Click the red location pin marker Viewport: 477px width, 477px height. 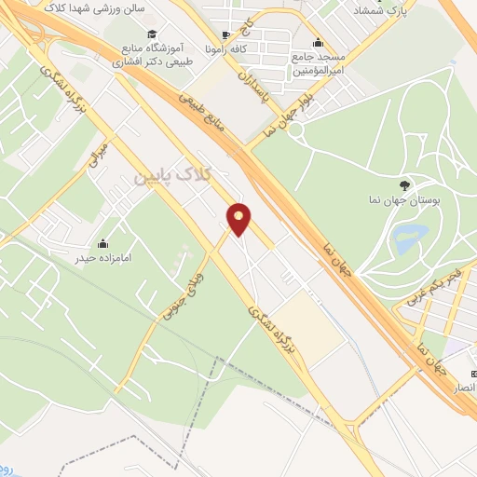(239, 218)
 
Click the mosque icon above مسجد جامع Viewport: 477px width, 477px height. (319, 41)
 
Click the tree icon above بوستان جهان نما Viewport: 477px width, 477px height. (403, 185)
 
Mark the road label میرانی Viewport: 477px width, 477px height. (100, 156)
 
